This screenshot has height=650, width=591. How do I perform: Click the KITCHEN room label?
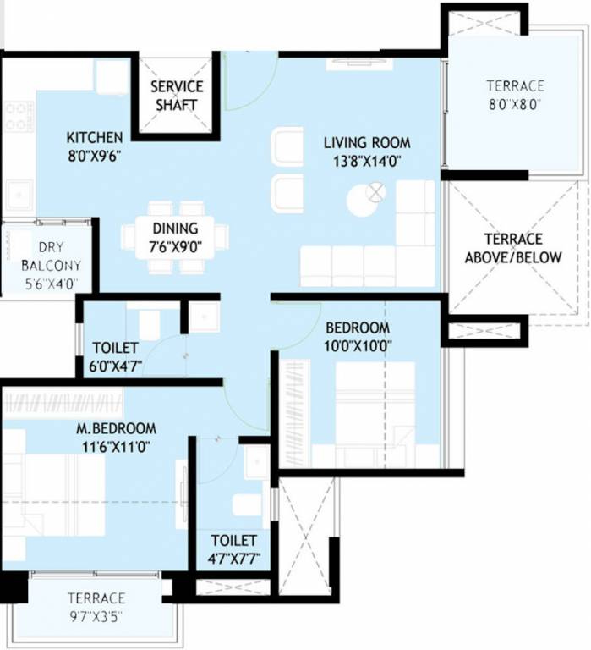click(95, 137)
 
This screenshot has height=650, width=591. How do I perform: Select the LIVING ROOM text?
click(366, 142)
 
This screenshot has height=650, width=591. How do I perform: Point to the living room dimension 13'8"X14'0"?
click(366, 160)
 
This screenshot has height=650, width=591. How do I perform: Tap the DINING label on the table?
click(175, 228)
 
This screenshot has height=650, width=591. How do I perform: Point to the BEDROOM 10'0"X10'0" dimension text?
click(358, 345)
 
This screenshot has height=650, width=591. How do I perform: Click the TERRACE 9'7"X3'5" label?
click(96, 605)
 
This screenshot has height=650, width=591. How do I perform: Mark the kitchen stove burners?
click(19, 117)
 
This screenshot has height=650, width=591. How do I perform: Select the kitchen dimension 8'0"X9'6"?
click(95, 156)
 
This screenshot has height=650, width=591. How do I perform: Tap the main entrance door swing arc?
click(251, 85)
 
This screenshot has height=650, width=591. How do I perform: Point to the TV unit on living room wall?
click(358, 63)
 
